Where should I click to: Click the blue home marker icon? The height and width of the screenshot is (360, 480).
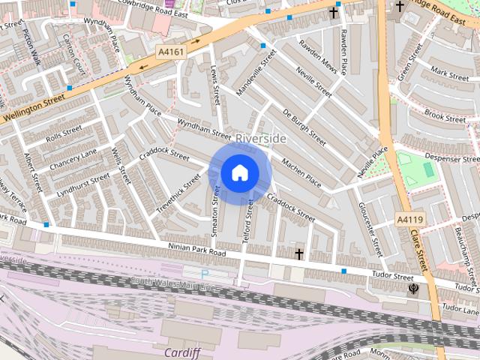click(239, 173)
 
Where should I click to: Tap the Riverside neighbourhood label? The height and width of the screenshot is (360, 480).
click(261, 139)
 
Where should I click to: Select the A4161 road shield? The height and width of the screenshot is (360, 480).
click(171, 51)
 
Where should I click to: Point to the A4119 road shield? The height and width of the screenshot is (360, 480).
click(410, 219)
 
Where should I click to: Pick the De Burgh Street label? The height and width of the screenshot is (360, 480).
click(304, 127)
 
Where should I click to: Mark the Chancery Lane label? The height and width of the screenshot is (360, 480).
click(73, 158)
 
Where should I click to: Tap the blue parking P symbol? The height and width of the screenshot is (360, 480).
click(205, 274)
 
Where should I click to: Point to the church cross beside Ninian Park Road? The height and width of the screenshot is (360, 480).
click(299, 254)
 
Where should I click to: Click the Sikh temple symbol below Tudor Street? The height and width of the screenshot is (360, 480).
click(412, 288)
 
